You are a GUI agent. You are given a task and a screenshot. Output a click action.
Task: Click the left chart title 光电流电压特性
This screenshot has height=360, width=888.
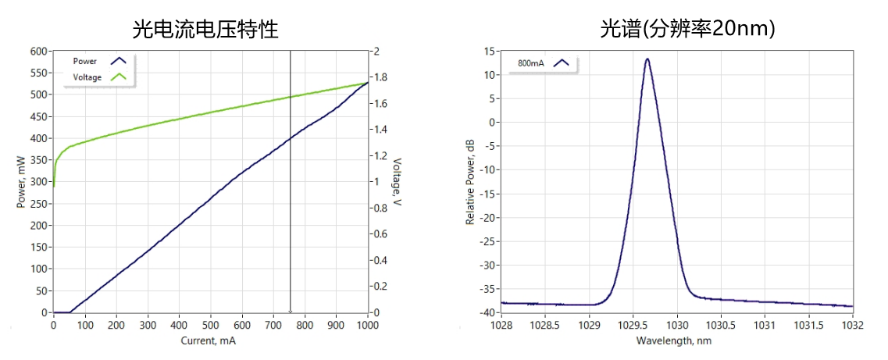[205, 29]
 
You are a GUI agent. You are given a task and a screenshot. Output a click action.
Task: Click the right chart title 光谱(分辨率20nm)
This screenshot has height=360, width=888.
[687, 29]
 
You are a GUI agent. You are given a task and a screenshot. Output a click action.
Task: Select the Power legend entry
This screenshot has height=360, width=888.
[85, 61]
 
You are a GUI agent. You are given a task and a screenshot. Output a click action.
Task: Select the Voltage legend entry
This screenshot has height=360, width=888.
[87, 77]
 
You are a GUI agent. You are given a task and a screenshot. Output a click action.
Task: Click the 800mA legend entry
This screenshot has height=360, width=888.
[530, 62]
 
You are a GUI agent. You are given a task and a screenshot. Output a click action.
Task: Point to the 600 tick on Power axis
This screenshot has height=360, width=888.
[38, 52]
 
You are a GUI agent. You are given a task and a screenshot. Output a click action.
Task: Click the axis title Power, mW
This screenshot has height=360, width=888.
[21, 182]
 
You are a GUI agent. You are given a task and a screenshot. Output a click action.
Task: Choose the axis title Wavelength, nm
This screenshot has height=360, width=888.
[674, 340]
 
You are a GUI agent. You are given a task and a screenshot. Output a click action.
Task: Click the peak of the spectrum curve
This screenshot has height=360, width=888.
[647, 59]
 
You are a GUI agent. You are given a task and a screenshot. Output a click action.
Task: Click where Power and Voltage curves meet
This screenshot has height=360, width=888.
[367, 83]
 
